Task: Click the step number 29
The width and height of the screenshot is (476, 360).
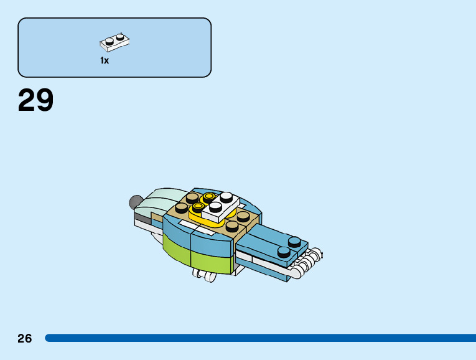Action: (36, 100)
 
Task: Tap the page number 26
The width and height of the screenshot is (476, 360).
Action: (24, 339)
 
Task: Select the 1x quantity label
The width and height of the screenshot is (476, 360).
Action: (105, 60)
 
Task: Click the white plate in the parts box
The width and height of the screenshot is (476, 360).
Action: (114, 42)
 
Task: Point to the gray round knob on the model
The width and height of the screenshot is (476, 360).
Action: (134, 201)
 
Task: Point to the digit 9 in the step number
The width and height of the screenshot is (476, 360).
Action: (45, 100)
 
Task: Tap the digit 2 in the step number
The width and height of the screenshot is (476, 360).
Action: (27, 100)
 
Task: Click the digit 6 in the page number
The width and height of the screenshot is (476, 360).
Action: (28, 339)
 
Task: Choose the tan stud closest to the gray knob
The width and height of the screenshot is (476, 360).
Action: (182, 207)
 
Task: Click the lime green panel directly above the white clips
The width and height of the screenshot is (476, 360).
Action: (212, 262)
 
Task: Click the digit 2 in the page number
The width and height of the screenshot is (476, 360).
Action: (21, 339)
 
